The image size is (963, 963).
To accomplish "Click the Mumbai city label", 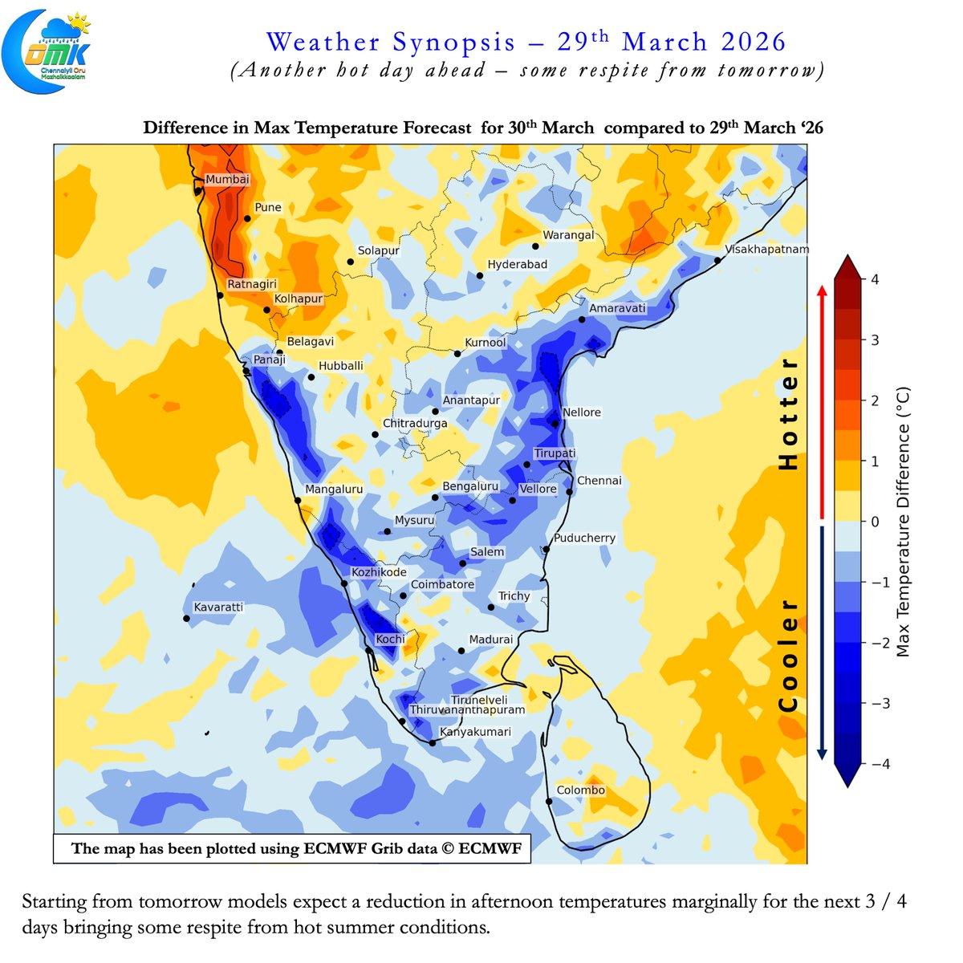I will tap(227, 180).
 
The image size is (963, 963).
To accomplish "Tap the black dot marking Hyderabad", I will tap(480, 276).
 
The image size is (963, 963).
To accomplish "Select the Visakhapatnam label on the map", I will tap(766, 250).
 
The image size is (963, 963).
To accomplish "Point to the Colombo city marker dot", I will tap(550, 801).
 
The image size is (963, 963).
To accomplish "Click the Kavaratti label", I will tap(218, 607).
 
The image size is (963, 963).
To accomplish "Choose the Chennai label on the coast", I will tap(599, 481).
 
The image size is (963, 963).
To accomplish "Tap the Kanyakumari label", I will tap(475, 732).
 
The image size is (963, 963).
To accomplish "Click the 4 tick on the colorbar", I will tap(875, 279).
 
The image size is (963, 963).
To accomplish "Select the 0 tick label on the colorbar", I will tap(875, 522).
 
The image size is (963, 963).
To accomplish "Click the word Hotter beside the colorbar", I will tap(790, 413).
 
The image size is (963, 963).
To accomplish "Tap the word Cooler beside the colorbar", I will tap(790, 656).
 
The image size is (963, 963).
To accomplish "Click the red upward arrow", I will tap(821, 401).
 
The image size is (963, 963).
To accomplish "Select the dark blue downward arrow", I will tap(821, 642).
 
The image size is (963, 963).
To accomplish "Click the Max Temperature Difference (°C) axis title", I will tap(904, 522).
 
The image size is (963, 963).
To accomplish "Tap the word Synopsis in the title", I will tap(454, 42).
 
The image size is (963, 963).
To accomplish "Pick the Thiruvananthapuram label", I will tap(467, 710).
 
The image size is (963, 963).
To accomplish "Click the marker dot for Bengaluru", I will tap(435, 498).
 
